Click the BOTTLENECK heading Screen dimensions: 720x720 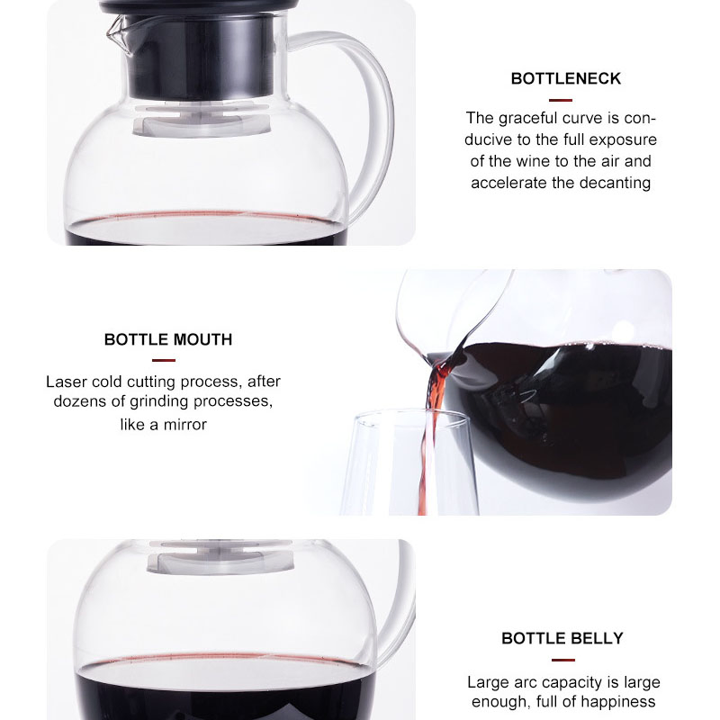(565, 79)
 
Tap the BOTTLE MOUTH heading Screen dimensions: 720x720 (168, 340)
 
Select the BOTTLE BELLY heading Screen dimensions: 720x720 (562, 639)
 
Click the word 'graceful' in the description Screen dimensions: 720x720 (535, 118)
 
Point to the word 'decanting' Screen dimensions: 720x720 (612, 183)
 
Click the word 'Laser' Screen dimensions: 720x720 (66, 382)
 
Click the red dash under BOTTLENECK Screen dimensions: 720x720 (561, 100)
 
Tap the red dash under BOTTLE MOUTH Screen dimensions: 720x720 (164, 360)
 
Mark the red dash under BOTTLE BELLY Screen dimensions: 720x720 (562, 660)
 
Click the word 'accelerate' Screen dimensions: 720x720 (508, 183)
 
